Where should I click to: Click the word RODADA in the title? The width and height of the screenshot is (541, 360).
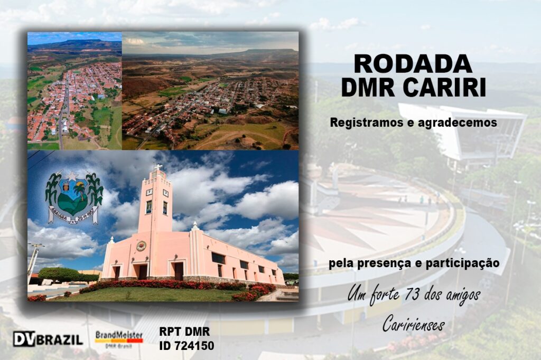413,64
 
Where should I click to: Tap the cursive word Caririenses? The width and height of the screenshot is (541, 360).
413,323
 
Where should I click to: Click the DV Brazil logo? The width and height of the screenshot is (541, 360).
48,339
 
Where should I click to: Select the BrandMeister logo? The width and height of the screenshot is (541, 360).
119,339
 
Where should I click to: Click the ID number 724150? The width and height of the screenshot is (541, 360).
195,346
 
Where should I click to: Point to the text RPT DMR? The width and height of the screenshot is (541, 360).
184,331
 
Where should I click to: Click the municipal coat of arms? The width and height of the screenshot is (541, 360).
74,197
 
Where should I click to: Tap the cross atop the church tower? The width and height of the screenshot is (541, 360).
158,167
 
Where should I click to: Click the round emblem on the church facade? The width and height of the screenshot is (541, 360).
141,246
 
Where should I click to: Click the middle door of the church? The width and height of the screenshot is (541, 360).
142,271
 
